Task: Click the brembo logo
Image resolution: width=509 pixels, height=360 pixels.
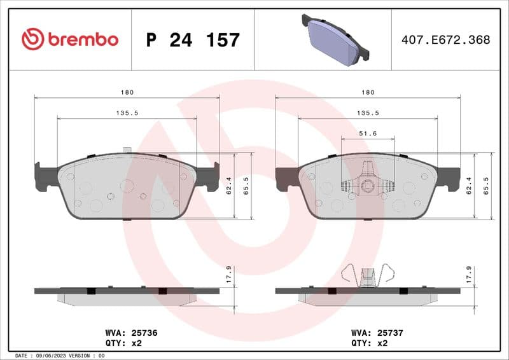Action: tap(70, 39)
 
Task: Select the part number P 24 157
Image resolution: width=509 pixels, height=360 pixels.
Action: tap(193, 40)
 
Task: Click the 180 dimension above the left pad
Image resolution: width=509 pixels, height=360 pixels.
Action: tap(127, 92)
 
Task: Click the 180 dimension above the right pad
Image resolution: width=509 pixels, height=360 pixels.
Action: tap(368, 92)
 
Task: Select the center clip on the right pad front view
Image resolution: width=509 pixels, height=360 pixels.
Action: tap(368, 184)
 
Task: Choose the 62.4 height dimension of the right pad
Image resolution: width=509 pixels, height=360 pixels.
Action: tap(469, 186)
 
